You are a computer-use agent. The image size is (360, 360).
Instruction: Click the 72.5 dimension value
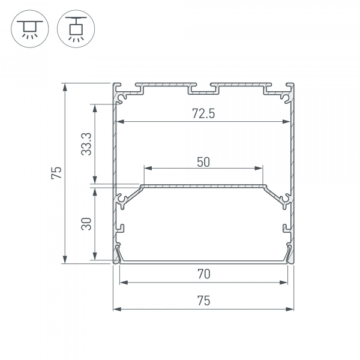203,113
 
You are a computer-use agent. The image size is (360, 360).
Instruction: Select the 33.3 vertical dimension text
86,144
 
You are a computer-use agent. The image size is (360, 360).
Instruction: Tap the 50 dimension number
203,162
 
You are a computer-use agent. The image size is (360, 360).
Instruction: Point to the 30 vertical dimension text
86,224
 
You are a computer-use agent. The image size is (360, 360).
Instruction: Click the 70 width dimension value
203,274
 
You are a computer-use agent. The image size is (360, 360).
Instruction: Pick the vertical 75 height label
56,173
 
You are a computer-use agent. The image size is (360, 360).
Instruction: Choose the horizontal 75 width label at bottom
203,301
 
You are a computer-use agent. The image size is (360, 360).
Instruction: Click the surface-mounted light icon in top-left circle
30,29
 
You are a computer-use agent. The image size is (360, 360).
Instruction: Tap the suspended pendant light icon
76,29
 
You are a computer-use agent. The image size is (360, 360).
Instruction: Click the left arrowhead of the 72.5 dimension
121,121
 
